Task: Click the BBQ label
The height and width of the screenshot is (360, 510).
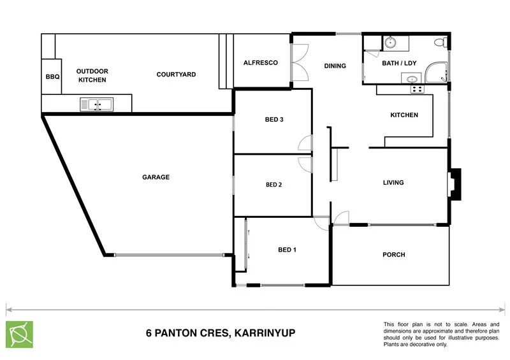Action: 52,76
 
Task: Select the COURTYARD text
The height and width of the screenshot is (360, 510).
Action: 176,75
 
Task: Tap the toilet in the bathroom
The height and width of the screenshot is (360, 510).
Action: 439,43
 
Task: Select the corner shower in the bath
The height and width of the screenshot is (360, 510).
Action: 437,72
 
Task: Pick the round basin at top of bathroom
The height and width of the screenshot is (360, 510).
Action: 390,43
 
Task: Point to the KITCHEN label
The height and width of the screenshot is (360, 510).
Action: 404,115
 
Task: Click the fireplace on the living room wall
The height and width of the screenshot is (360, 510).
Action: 455,184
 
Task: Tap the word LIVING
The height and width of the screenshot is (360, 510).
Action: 393,183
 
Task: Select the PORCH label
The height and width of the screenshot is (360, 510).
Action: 393,255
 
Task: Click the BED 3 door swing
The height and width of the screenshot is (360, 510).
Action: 305,144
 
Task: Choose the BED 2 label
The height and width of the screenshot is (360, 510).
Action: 273,185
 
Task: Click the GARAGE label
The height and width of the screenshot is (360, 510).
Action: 156,177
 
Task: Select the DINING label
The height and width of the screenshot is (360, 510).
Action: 335,66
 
